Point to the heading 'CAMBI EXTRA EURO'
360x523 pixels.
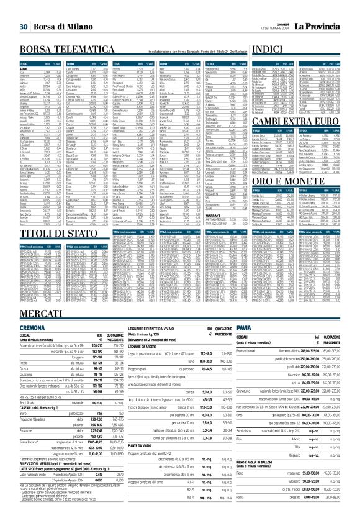pyautogui.click(x=295, y=118)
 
